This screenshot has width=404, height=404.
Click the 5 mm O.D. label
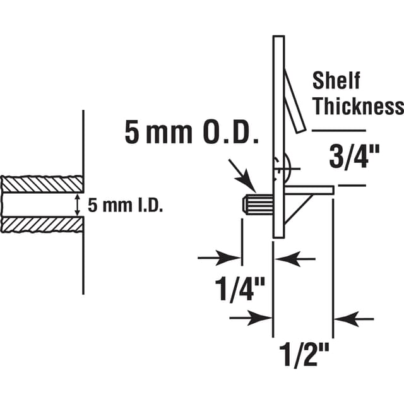[189, 134]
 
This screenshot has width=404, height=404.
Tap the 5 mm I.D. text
[125, 206]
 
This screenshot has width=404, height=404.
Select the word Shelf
[336, 81]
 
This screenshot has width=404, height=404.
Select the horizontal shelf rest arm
[309, 188]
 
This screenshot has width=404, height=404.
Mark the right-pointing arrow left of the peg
[218, 258]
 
